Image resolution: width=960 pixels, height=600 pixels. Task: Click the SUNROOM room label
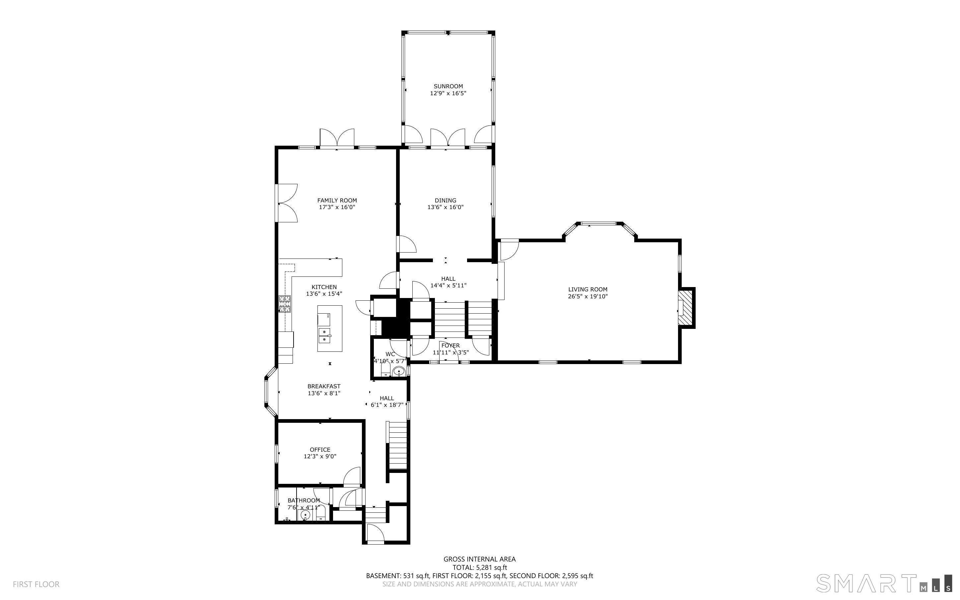(x=448, y=86)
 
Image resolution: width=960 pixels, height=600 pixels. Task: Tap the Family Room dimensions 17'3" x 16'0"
(x=337, y=207)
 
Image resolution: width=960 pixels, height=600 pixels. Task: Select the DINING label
(x=445, y=200)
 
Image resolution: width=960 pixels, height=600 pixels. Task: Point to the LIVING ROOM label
(x=588, y=290)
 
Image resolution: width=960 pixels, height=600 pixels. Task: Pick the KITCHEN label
(x=324, y=287)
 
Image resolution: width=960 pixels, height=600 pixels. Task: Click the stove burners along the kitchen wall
(x=285, y=304)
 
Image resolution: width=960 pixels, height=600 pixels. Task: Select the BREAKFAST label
(x=324, y=386)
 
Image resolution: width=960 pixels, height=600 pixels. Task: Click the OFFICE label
(x=320, y=450)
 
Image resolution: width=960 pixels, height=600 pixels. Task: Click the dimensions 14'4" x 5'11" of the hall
(x=448, y=285)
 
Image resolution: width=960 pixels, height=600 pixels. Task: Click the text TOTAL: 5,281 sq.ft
(x=479, y=567)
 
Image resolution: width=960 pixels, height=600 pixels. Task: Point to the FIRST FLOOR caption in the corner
(x=36, y=584)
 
